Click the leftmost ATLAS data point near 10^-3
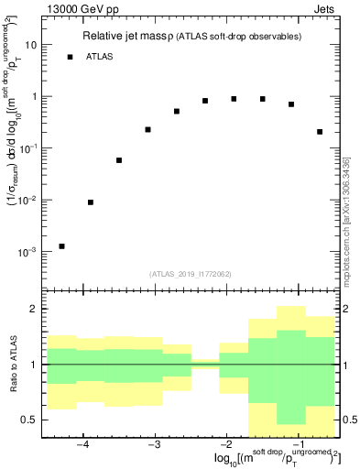[61, 245]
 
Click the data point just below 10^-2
[90, 202]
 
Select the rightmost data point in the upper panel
[320, 132]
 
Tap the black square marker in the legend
[70, 57]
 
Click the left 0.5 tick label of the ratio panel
[29, 420]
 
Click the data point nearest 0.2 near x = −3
[147, 129]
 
